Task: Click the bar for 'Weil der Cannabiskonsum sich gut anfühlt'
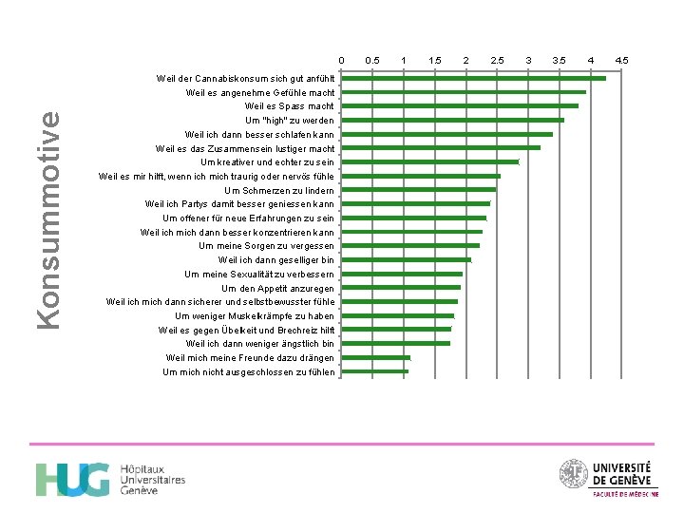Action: [473, 79]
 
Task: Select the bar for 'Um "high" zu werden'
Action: [452, 121]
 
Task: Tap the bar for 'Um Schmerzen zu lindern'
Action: [418, 190]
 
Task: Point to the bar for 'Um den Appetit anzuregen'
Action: [401, 288]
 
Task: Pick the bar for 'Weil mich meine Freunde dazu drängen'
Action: [375, 358]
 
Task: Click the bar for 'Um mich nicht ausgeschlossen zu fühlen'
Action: [374, 371]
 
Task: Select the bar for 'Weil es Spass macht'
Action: [460, 106]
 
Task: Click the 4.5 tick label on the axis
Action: [621, 60]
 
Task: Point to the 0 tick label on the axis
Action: [341, 60]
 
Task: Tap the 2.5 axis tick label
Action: [497, 60]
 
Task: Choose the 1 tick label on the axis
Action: [404, 60]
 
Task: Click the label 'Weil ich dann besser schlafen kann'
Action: [259, 135]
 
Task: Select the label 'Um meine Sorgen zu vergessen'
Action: [266, 246]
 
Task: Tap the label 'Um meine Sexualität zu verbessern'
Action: [259, 275]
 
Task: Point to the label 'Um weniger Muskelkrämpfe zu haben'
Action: [255, 316]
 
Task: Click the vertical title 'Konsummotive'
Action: [48, 220]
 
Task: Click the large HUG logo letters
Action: [72, 480]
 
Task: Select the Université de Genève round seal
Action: [574, 473]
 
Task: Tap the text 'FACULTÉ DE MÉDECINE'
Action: [625, 494]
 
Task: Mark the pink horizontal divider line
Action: [342, 444]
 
